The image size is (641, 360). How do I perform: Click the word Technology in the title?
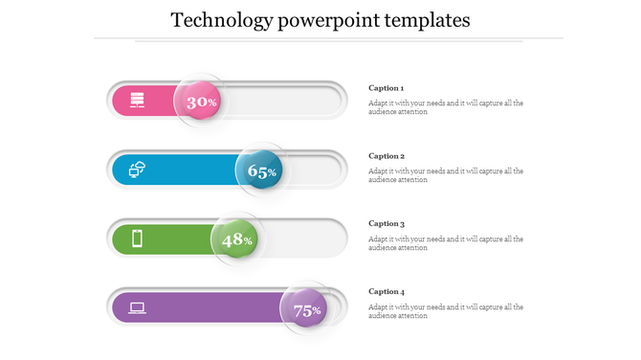tap(220, 20)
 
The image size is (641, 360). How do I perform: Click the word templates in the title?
tap(426, 20)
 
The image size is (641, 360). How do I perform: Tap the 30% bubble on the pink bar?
tap(201, 101)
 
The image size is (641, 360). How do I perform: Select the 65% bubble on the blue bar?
tap(261, 171)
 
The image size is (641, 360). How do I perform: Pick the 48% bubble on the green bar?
tap(236, 239)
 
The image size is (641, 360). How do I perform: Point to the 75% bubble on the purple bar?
tap(306, 309)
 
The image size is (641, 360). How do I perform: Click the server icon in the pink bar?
tap(137, 101)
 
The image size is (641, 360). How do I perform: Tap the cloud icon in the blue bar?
tap(137, 169)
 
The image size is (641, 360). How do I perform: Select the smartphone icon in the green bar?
tap(137, 238)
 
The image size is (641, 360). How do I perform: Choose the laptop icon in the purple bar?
tap(137, 307)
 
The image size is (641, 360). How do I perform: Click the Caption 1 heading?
tap(387, 88)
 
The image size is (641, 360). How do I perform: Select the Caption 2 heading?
tap(387, 156)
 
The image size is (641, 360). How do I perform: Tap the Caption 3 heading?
tap(387, 224)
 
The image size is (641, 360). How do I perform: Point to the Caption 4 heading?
tap(387, 292)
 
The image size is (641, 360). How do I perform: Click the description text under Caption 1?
tap(445, 107)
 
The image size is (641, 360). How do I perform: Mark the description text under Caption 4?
tap(445, 311)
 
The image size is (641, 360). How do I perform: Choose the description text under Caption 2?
tap(445, 175)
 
